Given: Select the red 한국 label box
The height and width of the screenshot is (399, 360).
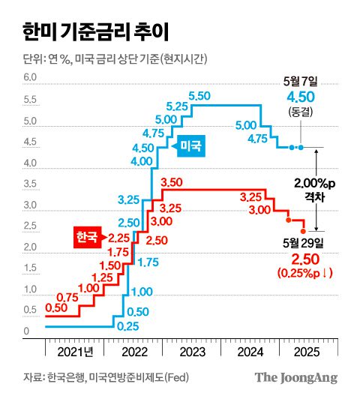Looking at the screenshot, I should pyautogui.click(x=86, y=238).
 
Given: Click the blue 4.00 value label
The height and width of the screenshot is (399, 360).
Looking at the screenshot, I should pyautogui.click(x=142, y=160).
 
